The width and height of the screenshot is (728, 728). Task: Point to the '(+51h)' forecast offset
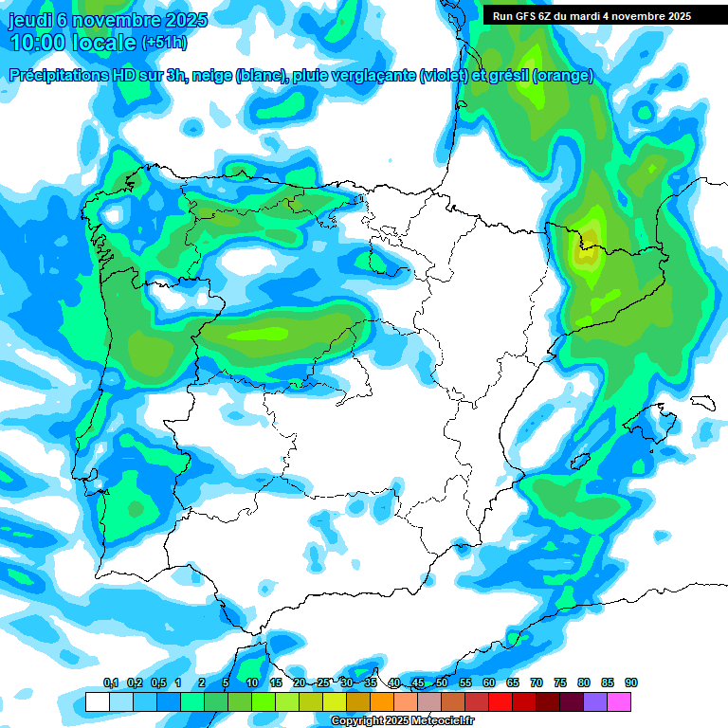pos(164,43)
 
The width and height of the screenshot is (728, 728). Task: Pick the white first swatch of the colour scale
pos(97,701)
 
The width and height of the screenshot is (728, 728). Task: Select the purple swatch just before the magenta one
pos(595,701)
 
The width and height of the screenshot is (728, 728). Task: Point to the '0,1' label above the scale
pos(111,682)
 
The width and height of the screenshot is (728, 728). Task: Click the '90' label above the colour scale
pos(631,682)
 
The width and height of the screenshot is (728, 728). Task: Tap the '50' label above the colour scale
pos(442,682)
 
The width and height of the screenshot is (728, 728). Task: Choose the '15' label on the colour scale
pos(276,682)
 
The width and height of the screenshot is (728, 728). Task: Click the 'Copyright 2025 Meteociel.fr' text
pos(402,721)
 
